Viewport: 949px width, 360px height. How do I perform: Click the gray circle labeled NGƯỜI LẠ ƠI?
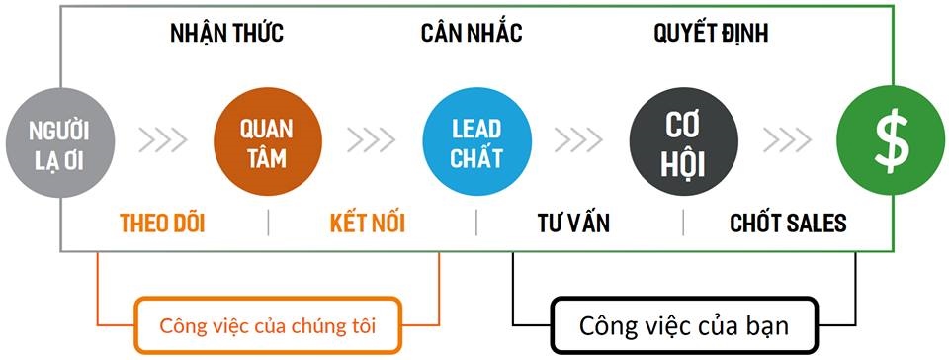coord(59,142)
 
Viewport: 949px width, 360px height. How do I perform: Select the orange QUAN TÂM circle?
coord(267,142)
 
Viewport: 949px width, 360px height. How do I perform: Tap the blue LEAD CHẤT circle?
coord(475,142)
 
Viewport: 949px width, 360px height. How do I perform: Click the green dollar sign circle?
coord(890,142)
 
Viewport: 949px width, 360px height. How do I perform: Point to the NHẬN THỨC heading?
coord(226,33)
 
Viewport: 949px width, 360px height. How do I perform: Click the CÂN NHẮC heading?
coord(472,33)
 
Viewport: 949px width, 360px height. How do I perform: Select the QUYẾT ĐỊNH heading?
coord(711,33)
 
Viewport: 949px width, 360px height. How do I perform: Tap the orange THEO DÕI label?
coord(162,223)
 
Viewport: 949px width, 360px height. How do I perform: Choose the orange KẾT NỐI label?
coord(368,223)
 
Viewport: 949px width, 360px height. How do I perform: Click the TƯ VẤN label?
coord(572,223)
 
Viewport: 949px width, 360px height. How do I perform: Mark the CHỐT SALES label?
coord(788,223)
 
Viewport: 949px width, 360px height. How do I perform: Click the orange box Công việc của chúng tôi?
coord(268,324)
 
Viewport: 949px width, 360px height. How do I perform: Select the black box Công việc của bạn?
coord(684,324)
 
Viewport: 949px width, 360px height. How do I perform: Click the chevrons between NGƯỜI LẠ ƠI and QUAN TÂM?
coord(162,140)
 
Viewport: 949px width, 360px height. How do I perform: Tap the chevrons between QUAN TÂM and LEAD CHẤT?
coord(372,140)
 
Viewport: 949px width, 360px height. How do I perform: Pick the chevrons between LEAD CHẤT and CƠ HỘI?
coord(578,140)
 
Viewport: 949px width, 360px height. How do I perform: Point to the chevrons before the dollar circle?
coord(788,140)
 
